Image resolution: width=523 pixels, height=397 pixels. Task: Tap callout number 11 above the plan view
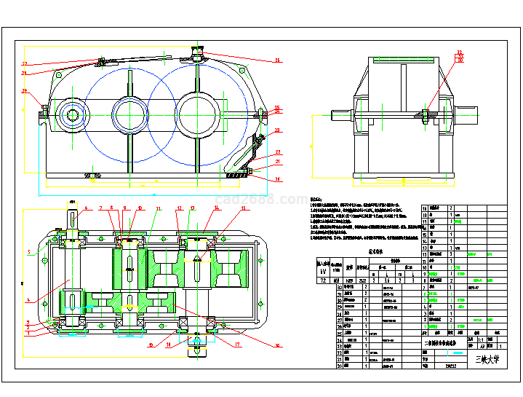point(158,208)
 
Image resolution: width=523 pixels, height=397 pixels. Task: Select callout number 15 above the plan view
point(244,208)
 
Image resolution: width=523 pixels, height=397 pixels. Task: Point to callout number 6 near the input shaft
point(85,208)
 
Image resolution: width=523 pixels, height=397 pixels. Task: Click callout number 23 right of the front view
point(278,152)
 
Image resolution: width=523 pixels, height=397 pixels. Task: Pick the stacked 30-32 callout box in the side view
point(460,57)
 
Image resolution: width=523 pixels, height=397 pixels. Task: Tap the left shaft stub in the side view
point(341,114)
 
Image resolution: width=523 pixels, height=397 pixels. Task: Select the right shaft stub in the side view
point(464,114)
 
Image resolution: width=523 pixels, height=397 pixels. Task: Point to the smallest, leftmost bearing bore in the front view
point(73,114)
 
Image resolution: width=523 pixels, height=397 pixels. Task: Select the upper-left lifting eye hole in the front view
point(56,73)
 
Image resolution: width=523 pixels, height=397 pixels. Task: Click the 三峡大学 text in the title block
point(484,358)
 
